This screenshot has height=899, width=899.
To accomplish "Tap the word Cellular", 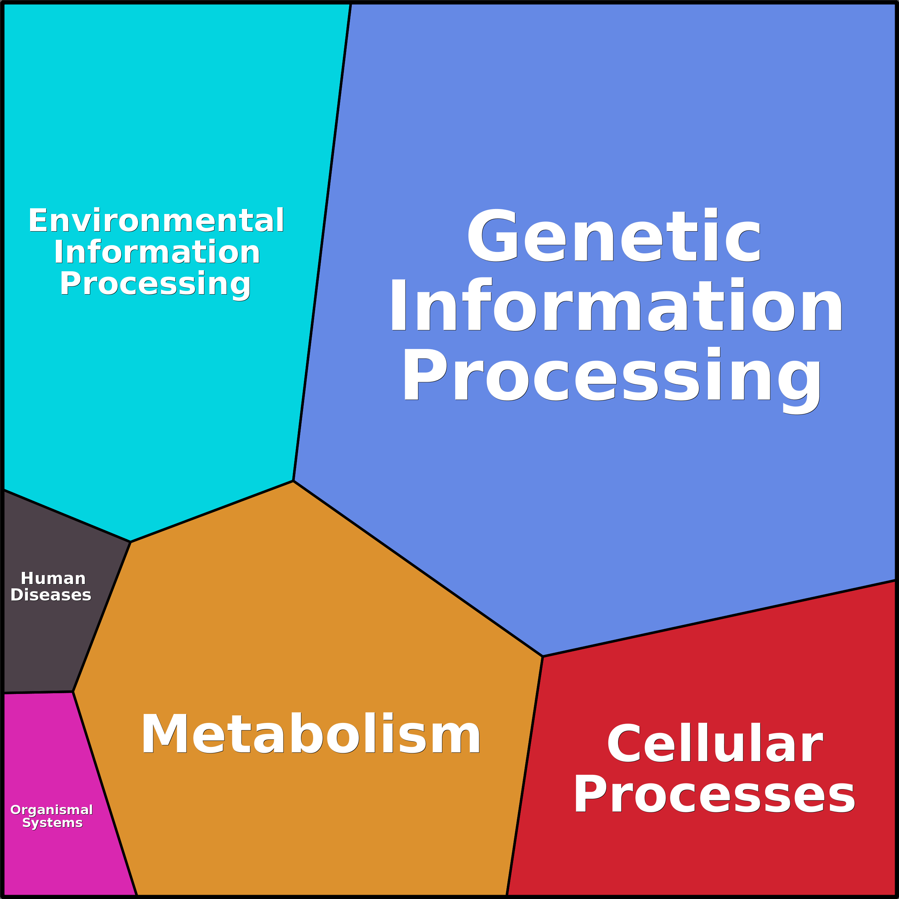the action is coord(715,744).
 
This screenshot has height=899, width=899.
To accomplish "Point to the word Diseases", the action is coord(51,595).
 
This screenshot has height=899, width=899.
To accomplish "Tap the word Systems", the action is coord(53,823).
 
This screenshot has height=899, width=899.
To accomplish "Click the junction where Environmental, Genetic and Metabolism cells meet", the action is coord(293,481).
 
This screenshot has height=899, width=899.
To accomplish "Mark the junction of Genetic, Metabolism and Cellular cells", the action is coord(543,657).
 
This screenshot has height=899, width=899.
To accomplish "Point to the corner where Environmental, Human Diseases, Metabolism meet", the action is coord(131,542).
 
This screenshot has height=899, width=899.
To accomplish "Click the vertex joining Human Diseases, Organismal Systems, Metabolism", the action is coord(73,692).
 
